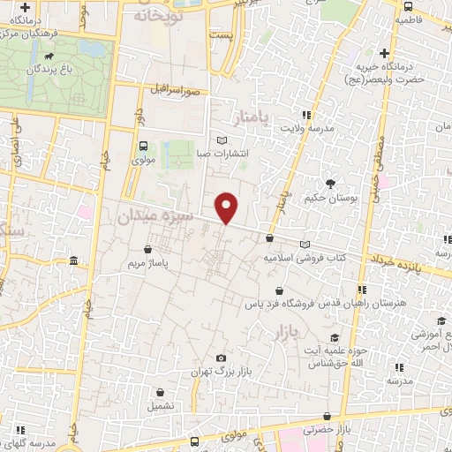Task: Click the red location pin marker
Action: click(227, 207)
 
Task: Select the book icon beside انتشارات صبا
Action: click(222, 139)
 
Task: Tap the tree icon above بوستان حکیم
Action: click(330, 184)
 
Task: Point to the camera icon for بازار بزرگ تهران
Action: click(220, 358)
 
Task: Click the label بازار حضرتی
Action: click(328, 430)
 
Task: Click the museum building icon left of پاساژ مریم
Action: click(72, 261)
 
